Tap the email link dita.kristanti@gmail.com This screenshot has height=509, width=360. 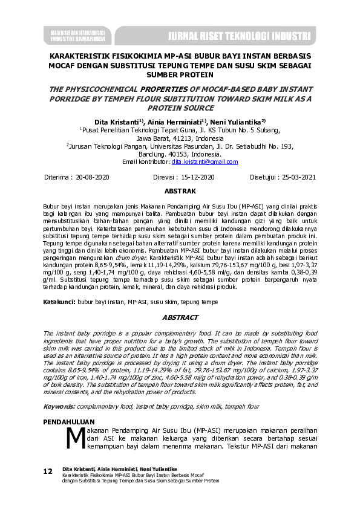pos(205,162)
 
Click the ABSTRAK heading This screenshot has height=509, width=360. pos(180,191)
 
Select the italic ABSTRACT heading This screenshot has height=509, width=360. pos(180,317)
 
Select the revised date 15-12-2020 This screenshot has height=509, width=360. pos(194,178)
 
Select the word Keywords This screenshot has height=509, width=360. pos(62,406)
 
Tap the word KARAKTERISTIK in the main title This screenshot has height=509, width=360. pos(81,54)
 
